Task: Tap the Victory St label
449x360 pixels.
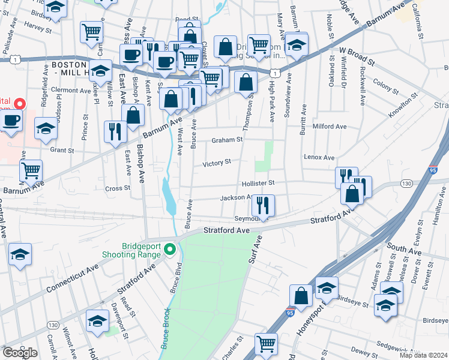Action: click(217, 163)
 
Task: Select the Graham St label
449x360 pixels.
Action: click(227, 140)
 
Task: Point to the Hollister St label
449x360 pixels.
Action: click(258, 183)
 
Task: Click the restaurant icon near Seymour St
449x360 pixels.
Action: click(263, 205)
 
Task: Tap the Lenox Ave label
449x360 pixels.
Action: click(319, 157)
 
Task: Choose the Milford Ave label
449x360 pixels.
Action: click(330, 127)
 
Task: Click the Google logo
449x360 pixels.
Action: click(19, 353)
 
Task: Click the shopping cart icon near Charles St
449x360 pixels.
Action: click(266, 344)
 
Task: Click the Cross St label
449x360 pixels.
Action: click(118, 188)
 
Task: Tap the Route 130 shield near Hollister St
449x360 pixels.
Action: click(407, 183)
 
